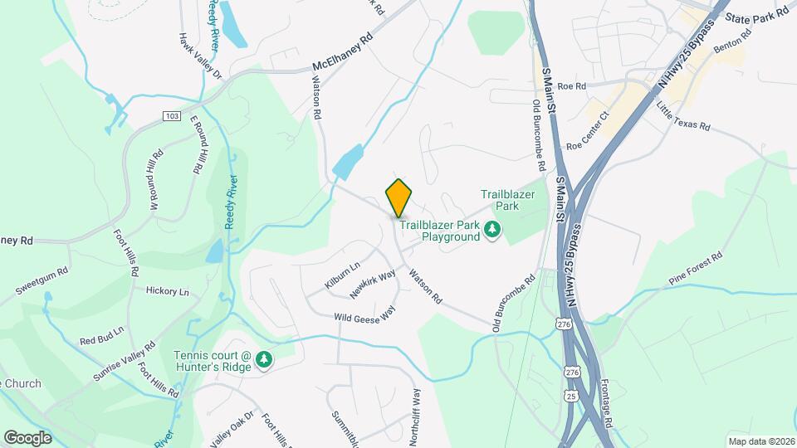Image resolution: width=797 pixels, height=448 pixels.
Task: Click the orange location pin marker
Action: pyautogui.click(x=399, y=197)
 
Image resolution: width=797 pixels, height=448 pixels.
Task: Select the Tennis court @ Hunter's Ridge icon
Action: pyautogui.click(x=264, y=359)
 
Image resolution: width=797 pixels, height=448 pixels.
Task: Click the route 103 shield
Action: pyautogui.click(x=172, y=115)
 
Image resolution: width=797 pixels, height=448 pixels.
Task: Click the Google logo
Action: pyautogui.click(x=27, y=437)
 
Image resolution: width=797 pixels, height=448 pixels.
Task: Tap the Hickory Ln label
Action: pyautogui.click(x=167, y=292)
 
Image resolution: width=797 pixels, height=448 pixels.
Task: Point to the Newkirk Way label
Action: pyautogui.click(x=372, y=285)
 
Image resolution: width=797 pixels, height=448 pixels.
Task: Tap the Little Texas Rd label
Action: pyautogui.click(x=683, y=117)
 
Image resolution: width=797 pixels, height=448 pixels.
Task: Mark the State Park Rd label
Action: pyautogui.click(x=755, y=17)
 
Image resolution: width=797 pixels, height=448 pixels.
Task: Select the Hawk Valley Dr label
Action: pyautogui.click(x=202, y=56)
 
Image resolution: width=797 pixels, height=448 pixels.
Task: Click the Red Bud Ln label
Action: pyautogui.click(x=101, y=335)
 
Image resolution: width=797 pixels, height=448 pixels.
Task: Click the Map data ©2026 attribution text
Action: pyautogui.click(x=760, y=441)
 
